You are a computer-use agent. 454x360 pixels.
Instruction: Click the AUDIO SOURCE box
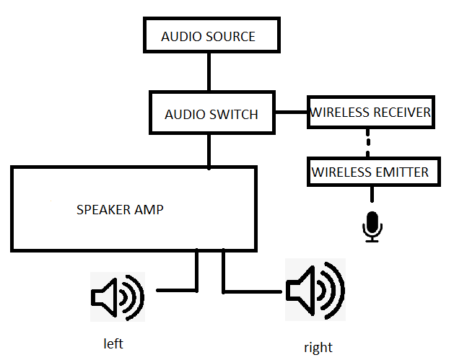coord(208,35)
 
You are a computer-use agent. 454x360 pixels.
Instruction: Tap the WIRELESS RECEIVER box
coord(370,113)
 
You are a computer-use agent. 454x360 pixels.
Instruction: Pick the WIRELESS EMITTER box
coord(370,172)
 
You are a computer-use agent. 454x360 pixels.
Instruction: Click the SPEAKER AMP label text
coord(120,210)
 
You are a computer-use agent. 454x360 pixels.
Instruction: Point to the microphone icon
coord(372,227)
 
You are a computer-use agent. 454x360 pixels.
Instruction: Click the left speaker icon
coord(117,296)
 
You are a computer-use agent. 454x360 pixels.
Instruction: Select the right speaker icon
coord(315,291)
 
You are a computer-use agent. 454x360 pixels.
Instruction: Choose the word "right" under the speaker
coord(318,347)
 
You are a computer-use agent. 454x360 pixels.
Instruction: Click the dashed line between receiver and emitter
coord(368,143)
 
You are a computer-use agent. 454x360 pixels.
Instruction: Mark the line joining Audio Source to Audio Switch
coord(209,71)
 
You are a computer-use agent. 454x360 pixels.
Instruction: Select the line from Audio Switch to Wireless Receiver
coord(291,113)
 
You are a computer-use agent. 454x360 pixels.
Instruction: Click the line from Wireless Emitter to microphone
coord(372,196)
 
